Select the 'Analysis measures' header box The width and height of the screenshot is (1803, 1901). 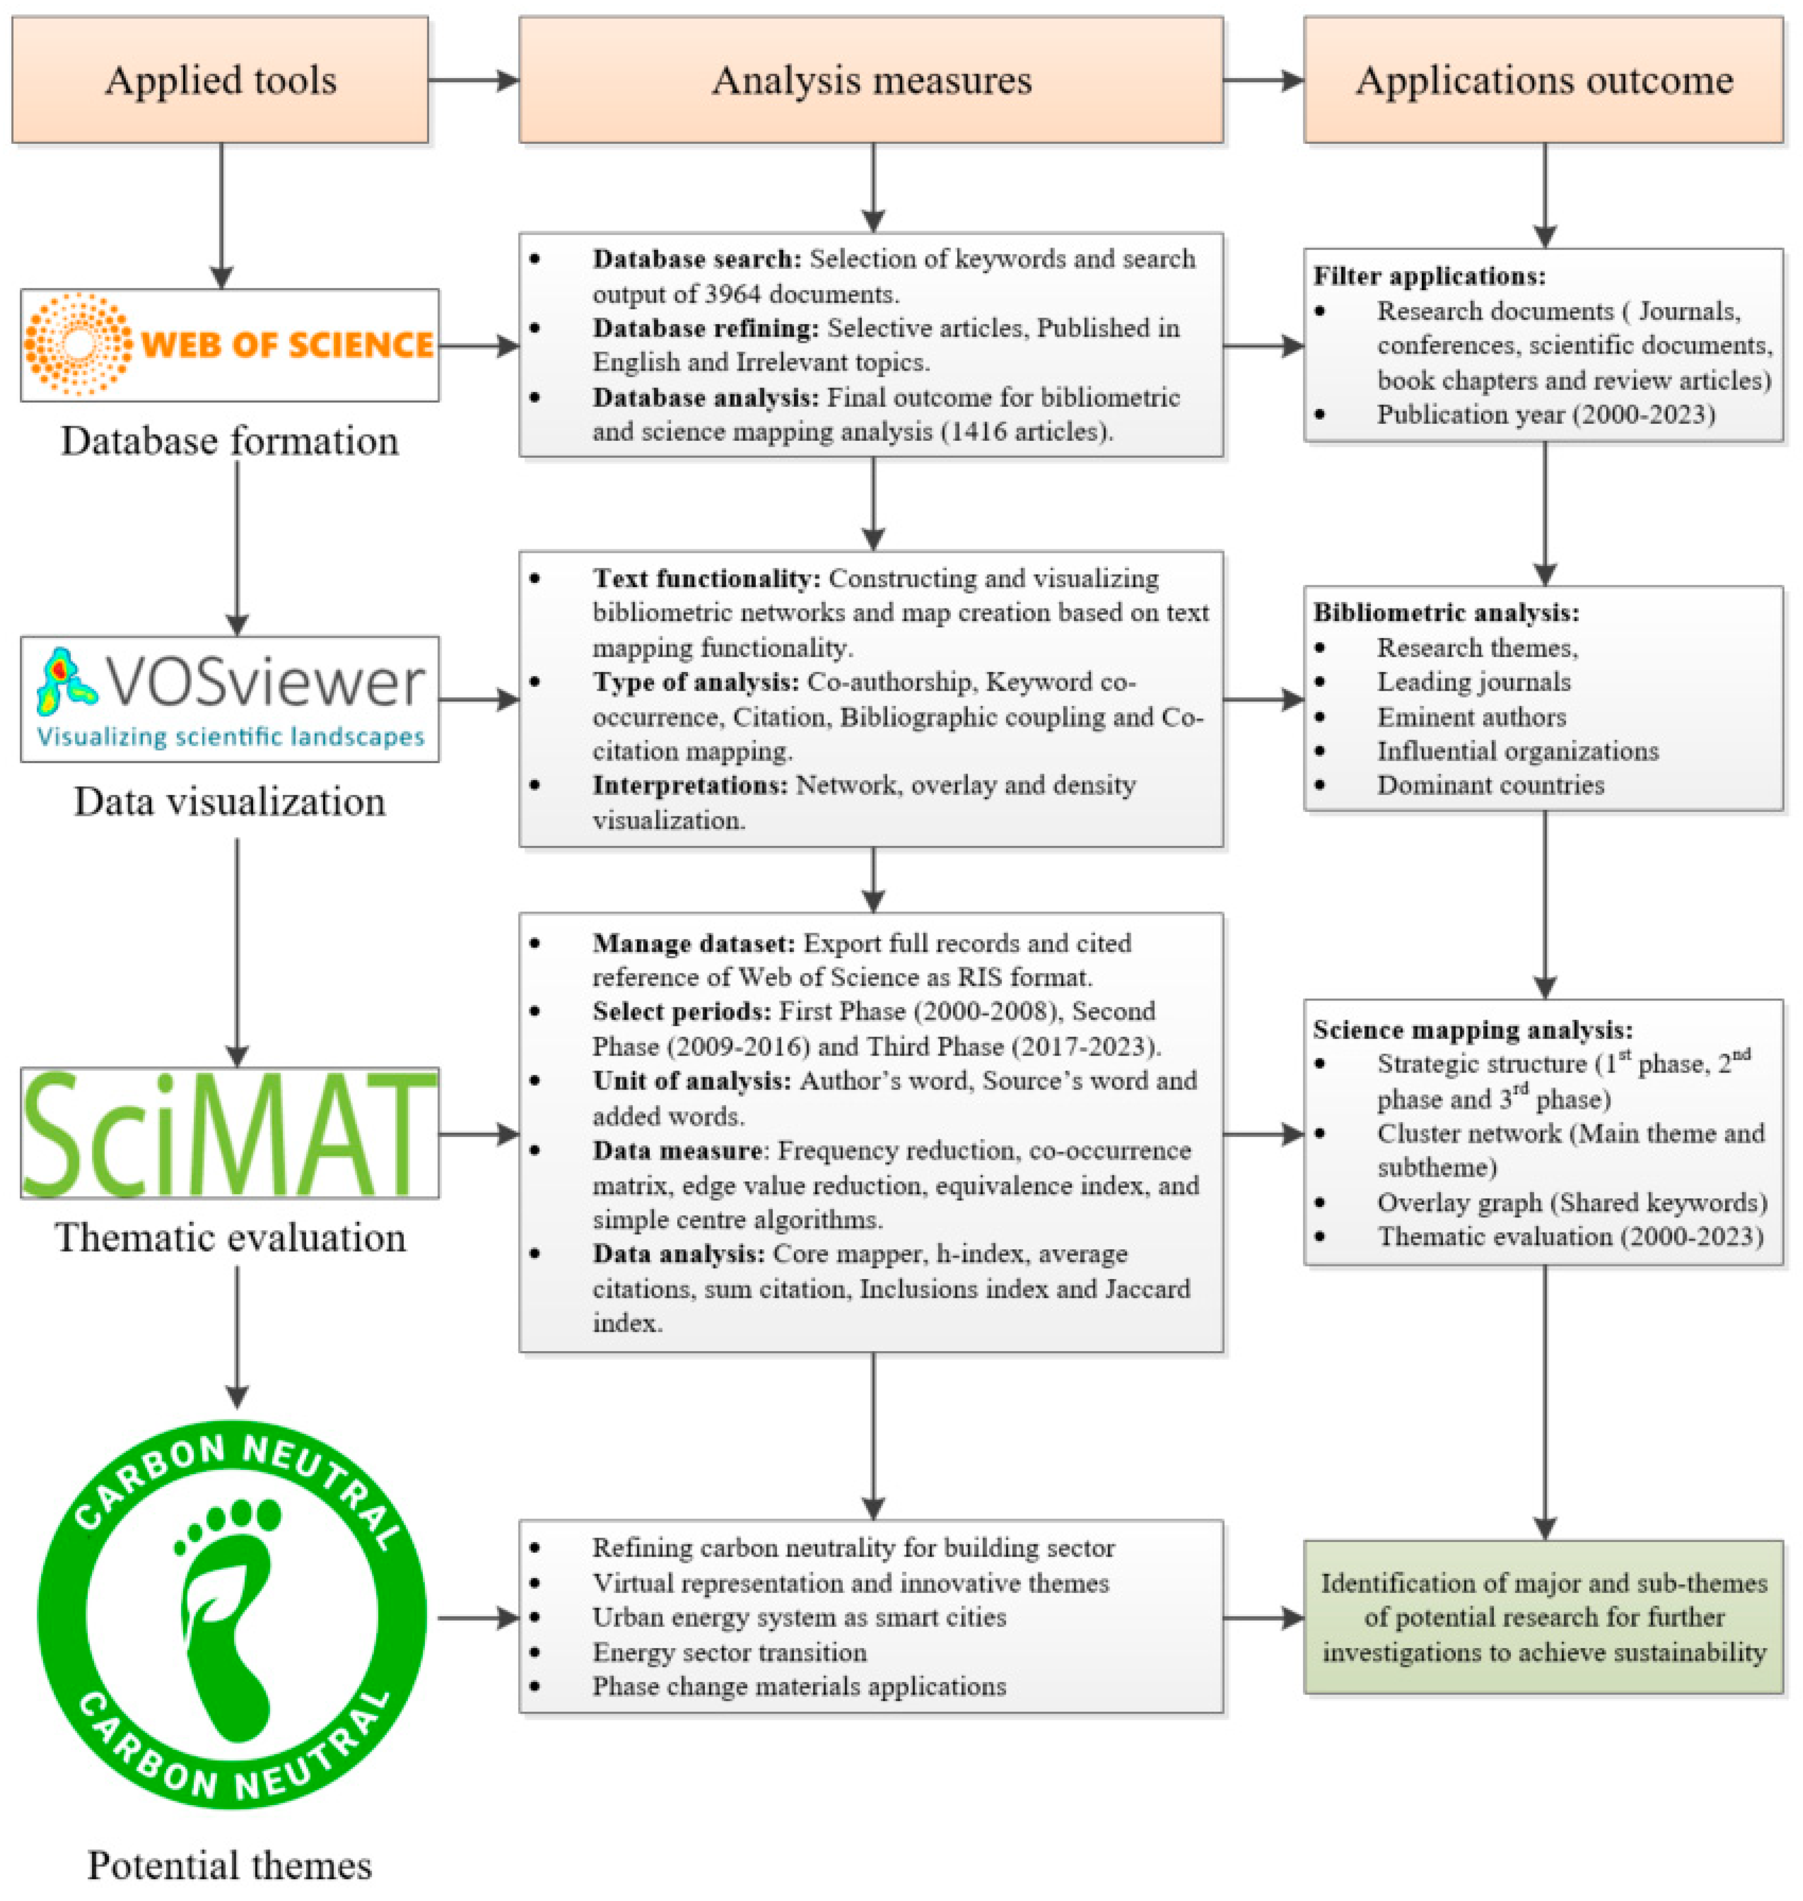[x=871, y=81]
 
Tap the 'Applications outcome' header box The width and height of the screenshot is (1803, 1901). [x=1543, y=81]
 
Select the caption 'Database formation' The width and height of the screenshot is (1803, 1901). [x=230, y=441]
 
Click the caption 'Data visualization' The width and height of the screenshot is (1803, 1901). [x=230, y=802]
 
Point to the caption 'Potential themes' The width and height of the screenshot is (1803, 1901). [x=230, y=1866]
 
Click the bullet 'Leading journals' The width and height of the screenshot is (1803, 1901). [x=1473, y=683]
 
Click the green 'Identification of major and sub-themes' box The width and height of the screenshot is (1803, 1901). [x=1543, y=1618]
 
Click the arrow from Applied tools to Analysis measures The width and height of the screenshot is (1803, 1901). [x=473, y=81]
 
